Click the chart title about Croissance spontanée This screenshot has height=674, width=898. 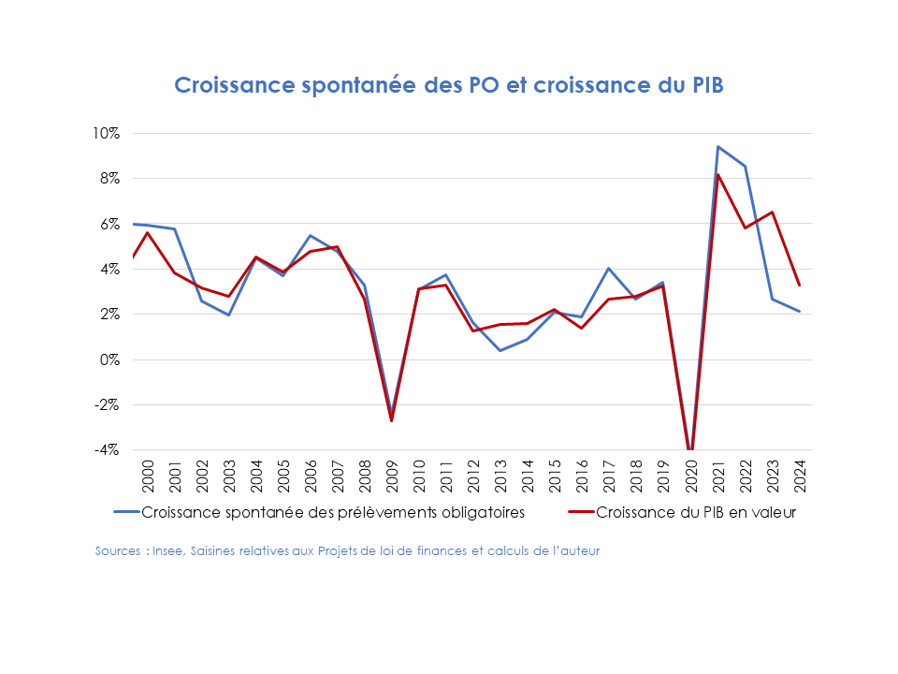point(449,85)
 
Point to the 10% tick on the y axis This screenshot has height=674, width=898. point(106,133)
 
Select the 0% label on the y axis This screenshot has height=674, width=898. point(109,359)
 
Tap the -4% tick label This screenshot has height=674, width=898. point(107,450)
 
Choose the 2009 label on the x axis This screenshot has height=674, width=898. point(391,476)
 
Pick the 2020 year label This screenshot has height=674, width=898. point(690,476)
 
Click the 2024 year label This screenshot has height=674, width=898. point(799,476)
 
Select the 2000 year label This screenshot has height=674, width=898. point(147,476)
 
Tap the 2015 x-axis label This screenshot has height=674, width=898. point(555,476)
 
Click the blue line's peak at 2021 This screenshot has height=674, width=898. point(717,146)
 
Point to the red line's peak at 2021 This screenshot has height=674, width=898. point(717,175)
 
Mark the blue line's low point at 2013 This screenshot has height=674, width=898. point(500,350)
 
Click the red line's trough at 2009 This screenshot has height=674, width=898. point(391,420)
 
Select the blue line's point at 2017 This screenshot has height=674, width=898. point(609,269)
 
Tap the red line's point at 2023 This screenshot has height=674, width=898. point(772,212)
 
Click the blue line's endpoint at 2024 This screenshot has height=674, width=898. point(799,312)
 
